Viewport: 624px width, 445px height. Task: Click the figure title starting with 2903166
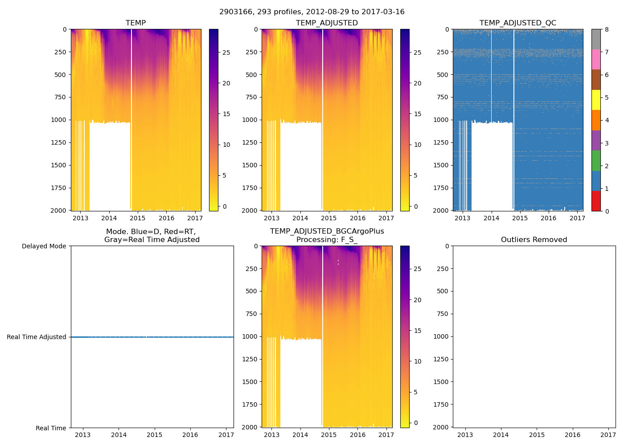pyautogui.click(x=312, y=12)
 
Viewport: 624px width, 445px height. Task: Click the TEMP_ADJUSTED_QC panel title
pyautogui.click(x=517, y=23)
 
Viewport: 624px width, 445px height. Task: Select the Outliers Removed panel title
pyautogui.click(x=534, y=240)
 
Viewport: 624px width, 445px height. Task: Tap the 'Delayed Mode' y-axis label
pyautogui.click(x=44, y=246)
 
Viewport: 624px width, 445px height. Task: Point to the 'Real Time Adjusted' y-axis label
pyautogui.click(x=36, y=337)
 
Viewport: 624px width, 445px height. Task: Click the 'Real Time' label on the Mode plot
pyautogui.click(x=51, y=428)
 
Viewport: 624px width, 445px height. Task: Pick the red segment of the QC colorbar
pyautogui.click(x=596, y=201)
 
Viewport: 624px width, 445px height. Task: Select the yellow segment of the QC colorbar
pyautogui.click(x=596, y=100)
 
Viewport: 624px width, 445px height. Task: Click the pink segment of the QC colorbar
pyautogui.click(x=596, y=60)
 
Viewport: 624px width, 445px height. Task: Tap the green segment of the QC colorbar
pyautogui.click(x=596, y=161)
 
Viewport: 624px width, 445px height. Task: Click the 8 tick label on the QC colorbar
pyautogui.click(x=607, y=30)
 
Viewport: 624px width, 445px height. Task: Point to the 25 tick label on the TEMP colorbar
pyautogui.click(x=226, y=53)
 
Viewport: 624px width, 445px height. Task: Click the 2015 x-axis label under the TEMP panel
pyautogui.click(x=137, y=218)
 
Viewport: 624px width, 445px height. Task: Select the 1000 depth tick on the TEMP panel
pyautogui.click(x=58, y=120)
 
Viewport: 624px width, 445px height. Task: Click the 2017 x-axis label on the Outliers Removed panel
pyautogui.click(x=608, y=435)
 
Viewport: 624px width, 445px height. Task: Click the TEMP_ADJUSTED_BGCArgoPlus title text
pyautogui.click(x=327, y=231)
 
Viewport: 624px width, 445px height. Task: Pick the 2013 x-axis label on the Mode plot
pyautogui.click(x=82, y=435)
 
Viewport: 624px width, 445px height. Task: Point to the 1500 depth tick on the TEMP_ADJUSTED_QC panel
pyautogui.click(x=440, y=165)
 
